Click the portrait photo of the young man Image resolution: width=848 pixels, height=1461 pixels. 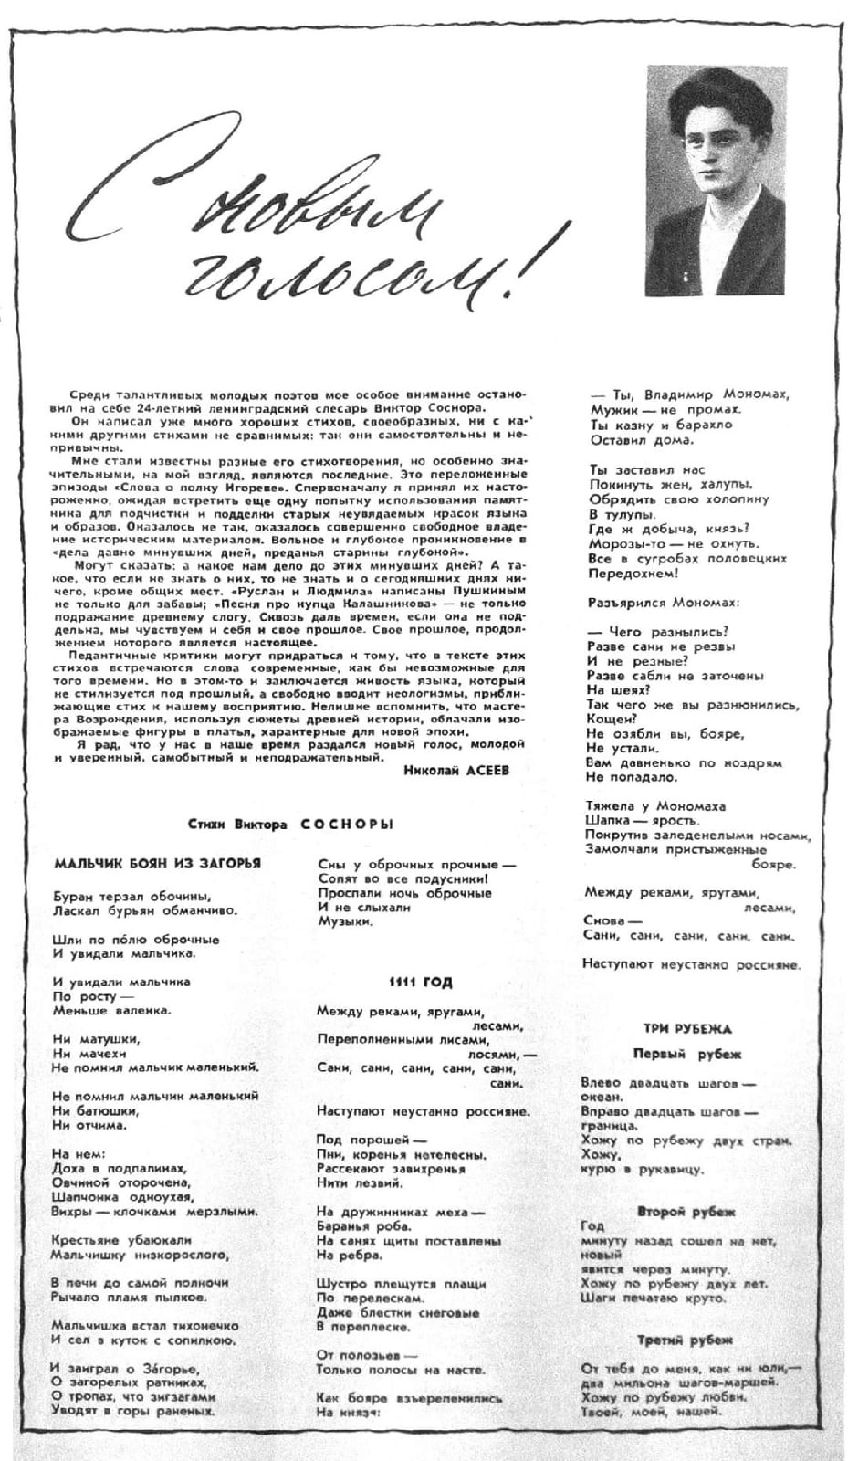tap(716, 180)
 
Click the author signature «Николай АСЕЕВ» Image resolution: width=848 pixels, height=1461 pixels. tap(455, 769)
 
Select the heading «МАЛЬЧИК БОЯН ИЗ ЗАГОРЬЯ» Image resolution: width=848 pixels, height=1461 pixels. tap(157, 863)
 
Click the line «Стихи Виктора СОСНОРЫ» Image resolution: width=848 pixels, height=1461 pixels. tap(290, 824)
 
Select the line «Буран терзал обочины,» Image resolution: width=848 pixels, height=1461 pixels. tap(132, 895)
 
